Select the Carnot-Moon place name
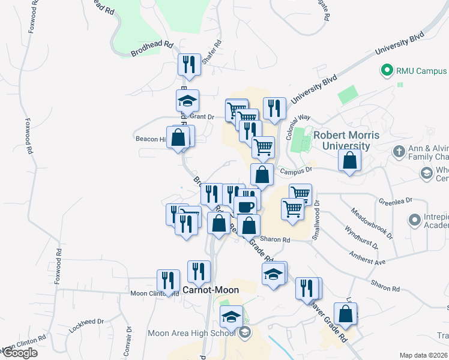(211, 290)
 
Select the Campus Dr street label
(293, 172)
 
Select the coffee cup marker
(244, 206)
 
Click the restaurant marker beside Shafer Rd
(190, 64)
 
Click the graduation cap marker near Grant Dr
(188, 101)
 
